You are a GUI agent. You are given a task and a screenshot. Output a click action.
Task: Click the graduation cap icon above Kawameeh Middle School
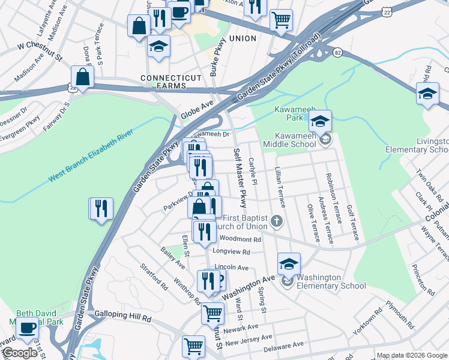point(321,122)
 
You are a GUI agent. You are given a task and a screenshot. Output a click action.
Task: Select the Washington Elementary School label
point(331,281)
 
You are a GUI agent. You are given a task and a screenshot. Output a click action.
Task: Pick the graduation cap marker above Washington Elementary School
point(289,264)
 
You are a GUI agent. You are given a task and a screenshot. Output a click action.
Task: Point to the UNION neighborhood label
point(243,38)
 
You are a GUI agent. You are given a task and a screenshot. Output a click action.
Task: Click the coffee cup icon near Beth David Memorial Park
point(28,328)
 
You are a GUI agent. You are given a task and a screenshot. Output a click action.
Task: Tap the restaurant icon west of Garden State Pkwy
point(101,209)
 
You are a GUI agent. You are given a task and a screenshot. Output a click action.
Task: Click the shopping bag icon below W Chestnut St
point(82,77)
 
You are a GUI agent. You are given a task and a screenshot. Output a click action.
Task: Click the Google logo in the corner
point(20,353)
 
